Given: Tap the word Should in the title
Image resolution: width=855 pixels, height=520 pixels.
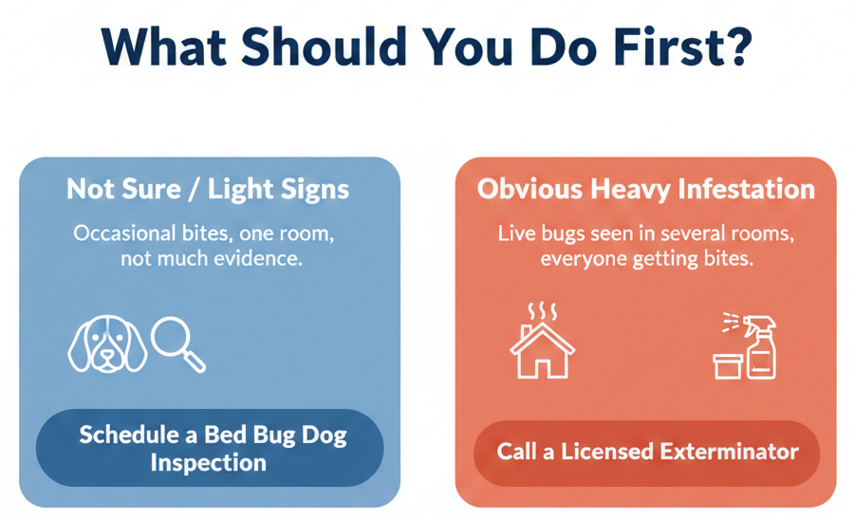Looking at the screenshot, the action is pyautogui.click(x=323, y=46).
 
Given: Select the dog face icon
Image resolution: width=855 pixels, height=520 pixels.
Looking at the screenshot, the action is pyautogui.click(x=107, y=344).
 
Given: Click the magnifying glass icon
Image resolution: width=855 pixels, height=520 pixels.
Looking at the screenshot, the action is pyautogui.click(x=177, y=344).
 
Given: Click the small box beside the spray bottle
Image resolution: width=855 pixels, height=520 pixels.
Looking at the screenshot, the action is pyautogui.click(x=728, y=366).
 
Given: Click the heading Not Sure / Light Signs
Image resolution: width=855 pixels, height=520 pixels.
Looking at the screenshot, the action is pyautogui.click(x=208, y=190).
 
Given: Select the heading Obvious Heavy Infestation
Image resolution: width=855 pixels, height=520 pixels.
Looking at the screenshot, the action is pyautogui.click(x=645, y=190).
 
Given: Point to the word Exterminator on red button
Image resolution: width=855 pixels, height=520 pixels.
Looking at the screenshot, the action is pyautogui.click(x=729, y=452).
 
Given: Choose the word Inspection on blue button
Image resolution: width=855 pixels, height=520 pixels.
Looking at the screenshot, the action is pyautogui.click(x=209, y=463).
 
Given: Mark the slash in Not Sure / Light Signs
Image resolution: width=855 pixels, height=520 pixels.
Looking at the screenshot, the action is pyautogui.click(x=195, y=190).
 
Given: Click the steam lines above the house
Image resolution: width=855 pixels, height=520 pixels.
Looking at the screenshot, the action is pyautogui.click(x=543, y=311).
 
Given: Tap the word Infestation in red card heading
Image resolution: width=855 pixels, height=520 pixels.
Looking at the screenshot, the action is pyautogui.click(x=747, y=189).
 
